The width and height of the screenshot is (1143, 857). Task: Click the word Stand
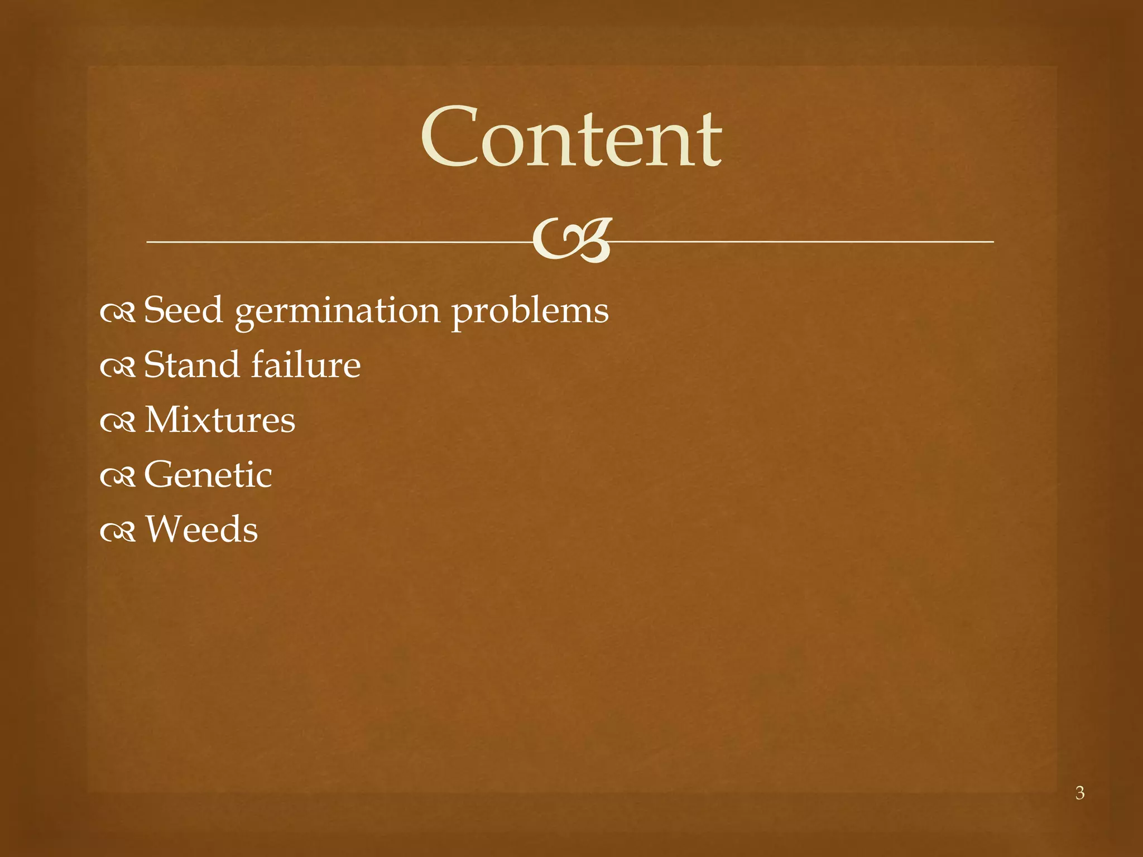point(191,365)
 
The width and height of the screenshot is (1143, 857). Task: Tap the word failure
point(306,365)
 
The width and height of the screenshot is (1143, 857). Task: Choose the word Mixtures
point(220,420)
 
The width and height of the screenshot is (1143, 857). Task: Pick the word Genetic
point(208,474)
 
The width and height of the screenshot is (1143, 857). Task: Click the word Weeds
point(201,529)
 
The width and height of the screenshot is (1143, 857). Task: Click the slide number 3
point(1080,793)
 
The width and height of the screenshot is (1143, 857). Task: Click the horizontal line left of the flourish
point(335,242)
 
